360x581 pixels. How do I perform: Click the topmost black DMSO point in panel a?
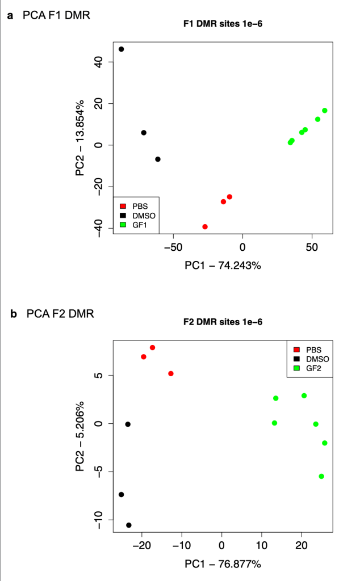(121, 49)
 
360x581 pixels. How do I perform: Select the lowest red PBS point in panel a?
(205, 227)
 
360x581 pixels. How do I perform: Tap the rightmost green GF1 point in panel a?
(325, 111)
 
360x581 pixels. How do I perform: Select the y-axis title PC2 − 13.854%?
(81, 137)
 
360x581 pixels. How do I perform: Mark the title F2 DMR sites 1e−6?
(222, 322)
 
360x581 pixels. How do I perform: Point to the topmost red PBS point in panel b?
(153, 347)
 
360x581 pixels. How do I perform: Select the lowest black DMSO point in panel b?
(129, 525)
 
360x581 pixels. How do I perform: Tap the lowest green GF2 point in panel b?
(321, 477)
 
